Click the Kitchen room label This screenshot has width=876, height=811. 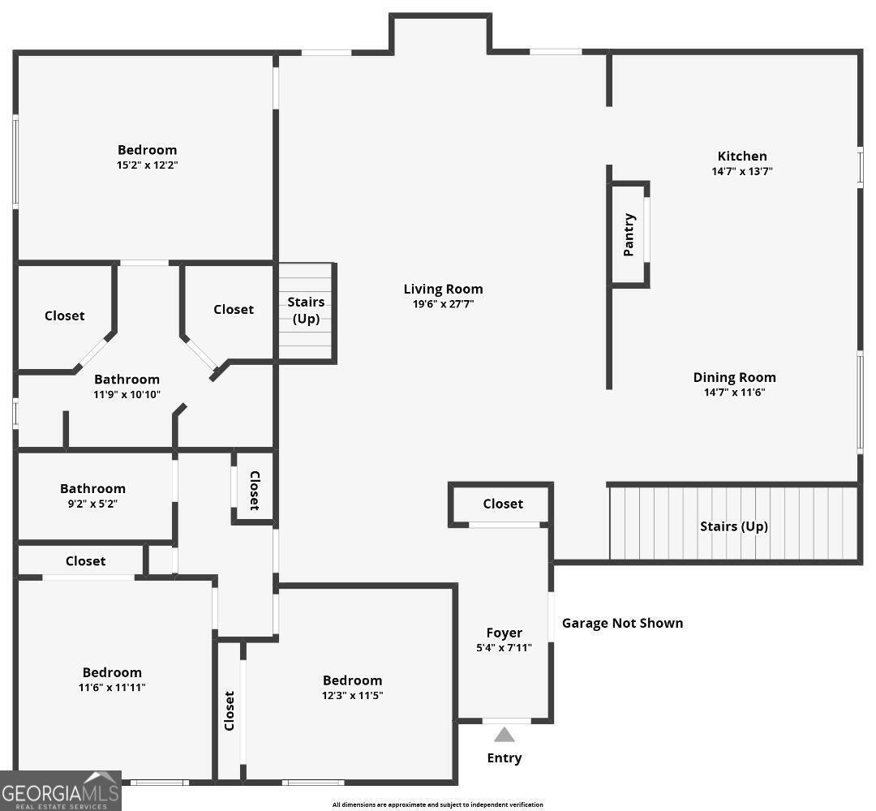point(741,156)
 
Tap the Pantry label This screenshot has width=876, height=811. point(629,234)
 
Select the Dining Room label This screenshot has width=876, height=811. point(734,377)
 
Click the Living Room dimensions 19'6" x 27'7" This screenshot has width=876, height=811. point(443,304)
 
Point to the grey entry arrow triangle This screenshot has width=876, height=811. point(505,735)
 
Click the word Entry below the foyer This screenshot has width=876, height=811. point(505,758)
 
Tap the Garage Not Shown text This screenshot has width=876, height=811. point(622,623)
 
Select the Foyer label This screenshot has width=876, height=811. point(504,633)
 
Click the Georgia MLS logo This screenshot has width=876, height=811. point(61,790)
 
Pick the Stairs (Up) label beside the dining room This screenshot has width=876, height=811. point(733,526)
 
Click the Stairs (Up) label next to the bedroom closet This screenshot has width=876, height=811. point(306,310)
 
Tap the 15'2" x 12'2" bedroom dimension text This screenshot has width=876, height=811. point(147,165)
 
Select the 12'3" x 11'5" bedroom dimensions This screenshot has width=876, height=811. point(352,695)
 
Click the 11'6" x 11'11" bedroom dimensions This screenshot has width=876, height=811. point(112,687)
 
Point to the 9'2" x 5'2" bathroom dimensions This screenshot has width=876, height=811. point(92,503)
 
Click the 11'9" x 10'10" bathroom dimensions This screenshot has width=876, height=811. point(127,394)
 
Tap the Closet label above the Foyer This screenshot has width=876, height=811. point(503,504)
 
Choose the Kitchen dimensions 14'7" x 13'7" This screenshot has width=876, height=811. point(741,171)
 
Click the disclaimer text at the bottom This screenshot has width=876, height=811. point(437,805)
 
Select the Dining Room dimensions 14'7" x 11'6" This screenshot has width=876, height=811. point(734,393)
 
